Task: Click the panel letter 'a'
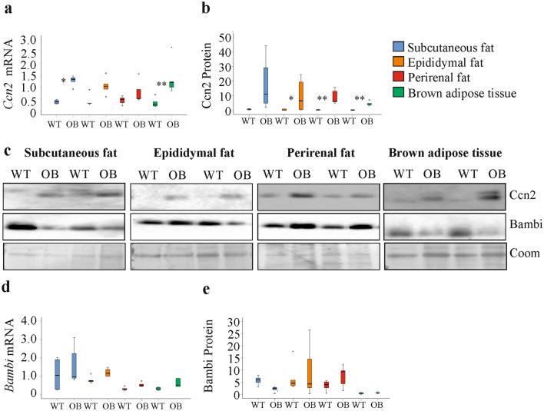[x=6, y=10]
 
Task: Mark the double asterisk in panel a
[x=161, y=85]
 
